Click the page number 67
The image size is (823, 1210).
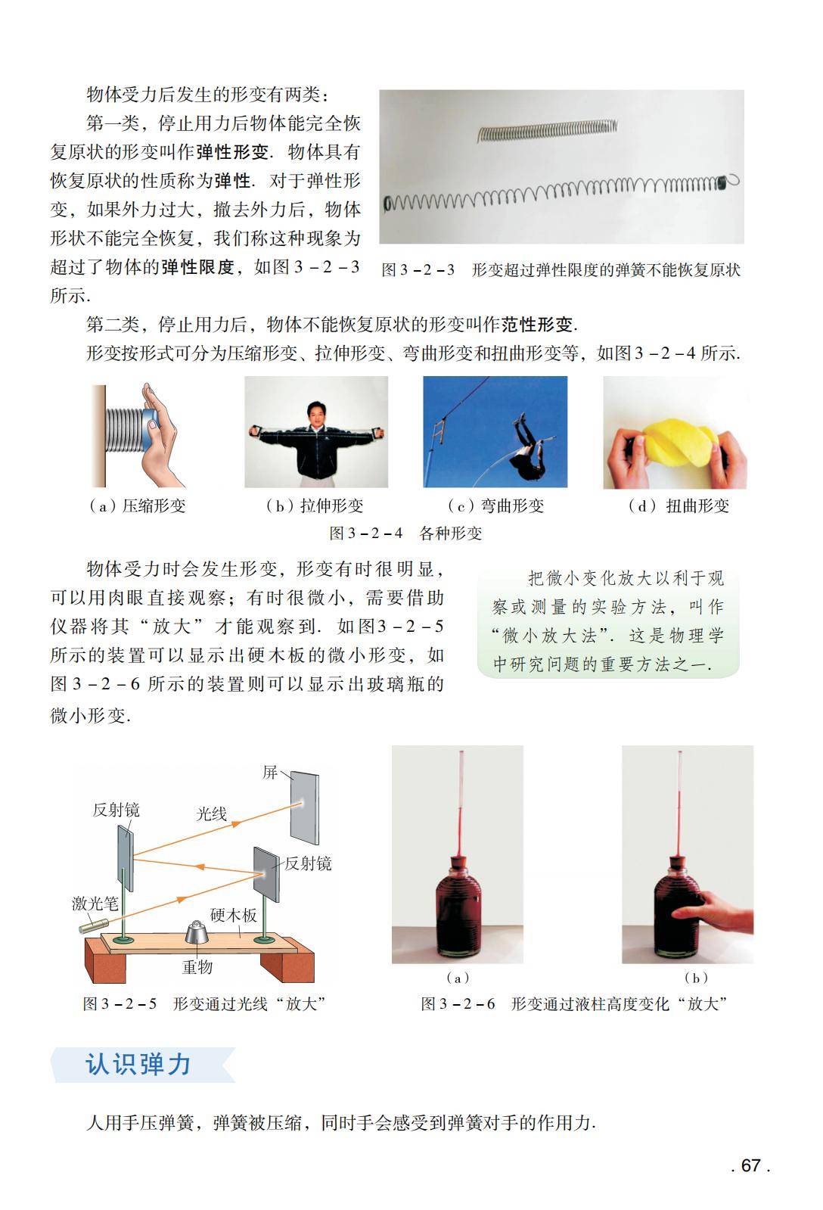750,1165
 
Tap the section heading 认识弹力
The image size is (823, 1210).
138,1064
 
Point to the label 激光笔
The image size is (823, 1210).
95,903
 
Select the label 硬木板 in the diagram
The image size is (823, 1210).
233,915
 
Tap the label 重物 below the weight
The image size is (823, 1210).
197,966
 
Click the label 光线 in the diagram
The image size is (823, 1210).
211,813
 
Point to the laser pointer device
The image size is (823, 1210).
94,925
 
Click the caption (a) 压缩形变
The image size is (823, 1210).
137,505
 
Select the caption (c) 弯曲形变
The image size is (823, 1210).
495,505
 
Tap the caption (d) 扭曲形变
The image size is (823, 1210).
679,505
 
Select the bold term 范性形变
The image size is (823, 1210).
537,325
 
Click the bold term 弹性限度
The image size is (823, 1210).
197,267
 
